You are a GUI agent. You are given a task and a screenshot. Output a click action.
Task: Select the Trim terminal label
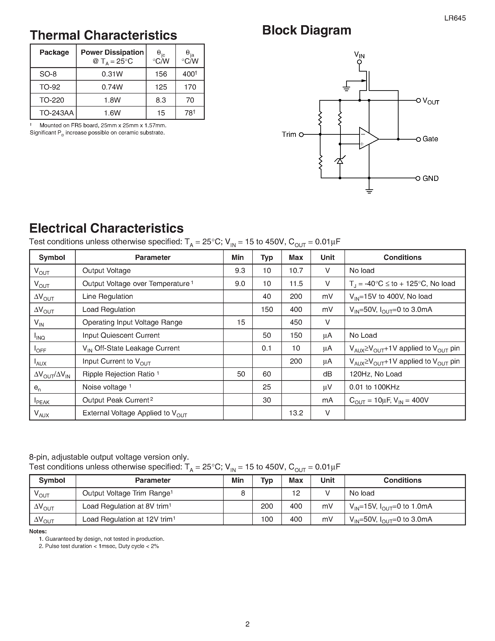tap(289, 134)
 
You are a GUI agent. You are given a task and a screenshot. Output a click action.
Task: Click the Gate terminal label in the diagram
tap(430, 139)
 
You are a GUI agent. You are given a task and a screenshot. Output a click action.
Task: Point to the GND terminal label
tap(430, 179)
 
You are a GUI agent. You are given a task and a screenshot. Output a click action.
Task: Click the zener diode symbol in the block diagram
tap(340, 161)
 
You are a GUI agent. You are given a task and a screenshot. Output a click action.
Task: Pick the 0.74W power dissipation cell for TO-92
tap(112, 87)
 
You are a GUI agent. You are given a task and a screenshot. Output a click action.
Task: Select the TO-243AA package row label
tap(56, 113)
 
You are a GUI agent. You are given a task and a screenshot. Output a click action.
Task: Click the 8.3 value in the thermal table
tap(161, 100)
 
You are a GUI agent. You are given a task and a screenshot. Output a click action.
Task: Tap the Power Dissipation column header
tap(112, 52)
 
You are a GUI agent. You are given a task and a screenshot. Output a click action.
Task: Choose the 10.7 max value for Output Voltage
tap(296, 271)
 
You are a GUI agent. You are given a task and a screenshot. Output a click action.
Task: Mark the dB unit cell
tap(327, 374)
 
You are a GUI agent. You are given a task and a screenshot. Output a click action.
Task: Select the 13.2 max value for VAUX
tap(296, 413)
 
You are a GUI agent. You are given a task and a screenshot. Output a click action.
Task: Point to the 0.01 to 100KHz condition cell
tap(374, 387)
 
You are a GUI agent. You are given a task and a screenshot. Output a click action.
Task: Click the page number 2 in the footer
tap(247, 624)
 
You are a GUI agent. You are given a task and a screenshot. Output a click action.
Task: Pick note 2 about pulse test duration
tap(99, 546)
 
